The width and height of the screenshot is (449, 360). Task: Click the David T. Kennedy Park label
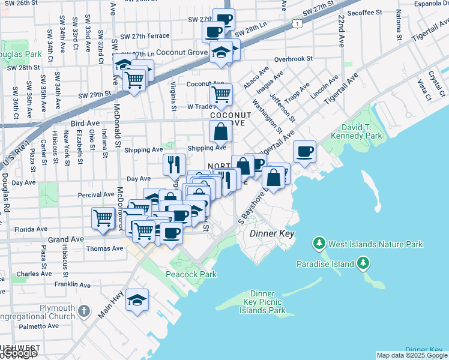point(361,132)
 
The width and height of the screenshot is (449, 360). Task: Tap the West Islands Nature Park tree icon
point(319,244)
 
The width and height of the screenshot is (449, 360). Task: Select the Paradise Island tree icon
point(363,263)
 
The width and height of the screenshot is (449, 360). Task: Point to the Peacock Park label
point(191,274)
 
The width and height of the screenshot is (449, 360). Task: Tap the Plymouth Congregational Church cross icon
point(84,311)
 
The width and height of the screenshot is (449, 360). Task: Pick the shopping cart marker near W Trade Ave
point(221,94)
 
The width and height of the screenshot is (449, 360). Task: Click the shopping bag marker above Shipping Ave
point(220,131)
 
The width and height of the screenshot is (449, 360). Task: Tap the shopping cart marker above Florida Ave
point(103,217)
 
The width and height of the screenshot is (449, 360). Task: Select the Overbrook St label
point(294,59)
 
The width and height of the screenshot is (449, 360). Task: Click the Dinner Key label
point(272,233)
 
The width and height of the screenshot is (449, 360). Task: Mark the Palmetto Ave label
point(39,326)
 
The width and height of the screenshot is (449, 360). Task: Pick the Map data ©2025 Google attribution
point(412,355)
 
